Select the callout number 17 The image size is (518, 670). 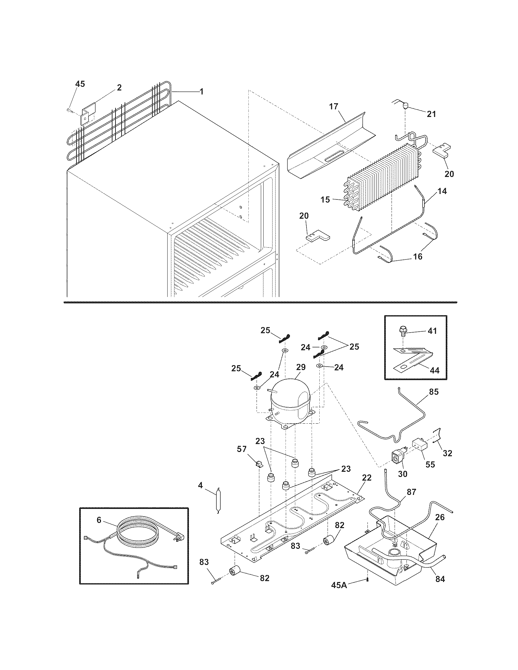coord(334,107)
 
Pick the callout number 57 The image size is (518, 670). coord(242,449)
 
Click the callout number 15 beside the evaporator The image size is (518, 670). coord(325,199)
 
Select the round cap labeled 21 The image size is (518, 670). coord(405,106)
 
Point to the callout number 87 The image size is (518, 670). coord(411,492)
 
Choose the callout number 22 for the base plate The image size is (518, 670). coord(367,478)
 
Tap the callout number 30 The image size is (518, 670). coord(402,474)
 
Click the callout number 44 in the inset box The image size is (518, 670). coord(435,370)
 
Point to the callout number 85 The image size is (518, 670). coord(434,391)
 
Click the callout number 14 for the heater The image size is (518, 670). coord(442,191)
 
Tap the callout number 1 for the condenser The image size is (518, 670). coord(201,91)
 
